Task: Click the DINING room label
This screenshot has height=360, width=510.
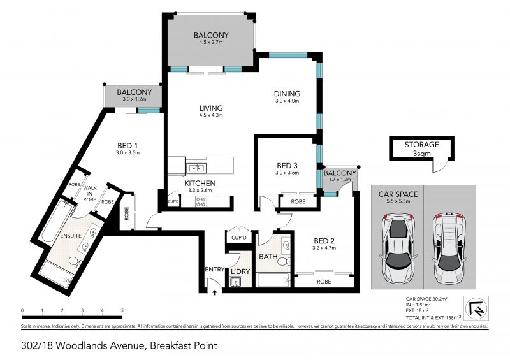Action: tap(287, 94)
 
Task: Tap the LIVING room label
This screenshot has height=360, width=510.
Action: tap(211, 108)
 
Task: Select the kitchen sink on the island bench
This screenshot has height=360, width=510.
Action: tap(196, 168)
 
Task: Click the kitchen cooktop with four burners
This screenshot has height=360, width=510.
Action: tap(201, 201)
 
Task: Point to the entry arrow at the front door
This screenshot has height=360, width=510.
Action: tap(215, 292)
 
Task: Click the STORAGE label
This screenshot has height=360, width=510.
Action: tap(421, 145)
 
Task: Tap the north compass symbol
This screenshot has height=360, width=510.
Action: tap(476, 308)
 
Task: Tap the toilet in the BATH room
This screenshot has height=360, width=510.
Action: tap(284, 261)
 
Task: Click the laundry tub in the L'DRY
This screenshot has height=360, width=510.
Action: tap(235, 282)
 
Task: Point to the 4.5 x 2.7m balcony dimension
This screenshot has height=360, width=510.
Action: tap(211, 42)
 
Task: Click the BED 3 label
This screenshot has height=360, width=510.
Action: tap(287, 166)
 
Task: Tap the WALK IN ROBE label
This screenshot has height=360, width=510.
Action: tap(90, 194)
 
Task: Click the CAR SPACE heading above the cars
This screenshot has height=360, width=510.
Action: tap(398, 194)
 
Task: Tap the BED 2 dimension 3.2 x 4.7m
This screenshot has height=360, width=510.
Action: tap(324, 248)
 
